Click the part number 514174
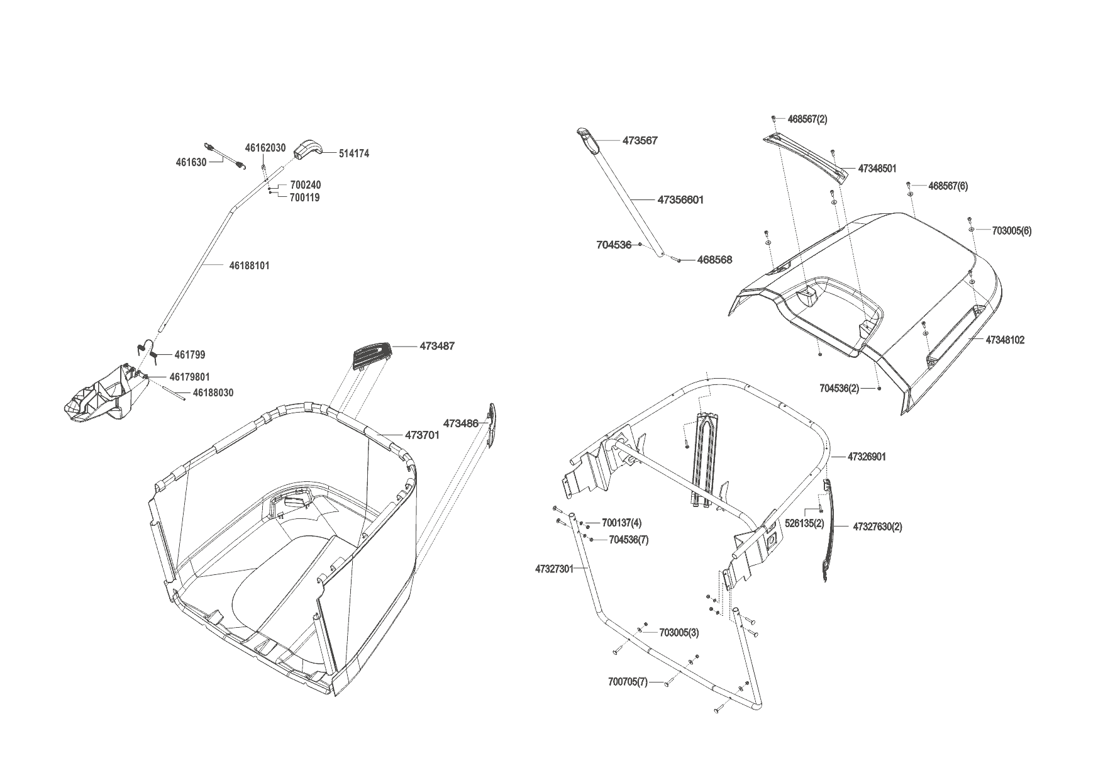pos(354,153)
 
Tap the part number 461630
pos(191,162)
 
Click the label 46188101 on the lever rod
pos(249,265)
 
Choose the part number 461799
pos(190,355)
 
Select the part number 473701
pos(422,435)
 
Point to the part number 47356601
pos(680,200)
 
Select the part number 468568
pos(714,259)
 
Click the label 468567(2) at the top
pos(807,119)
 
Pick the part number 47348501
pos(877,169)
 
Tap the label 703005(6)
pos(1011,230)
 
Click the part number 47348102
pos(1005,340)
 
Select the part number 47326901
pos(867,457)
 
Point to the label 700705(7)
pos(628,682)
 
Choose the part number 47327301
pos(554,569)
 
